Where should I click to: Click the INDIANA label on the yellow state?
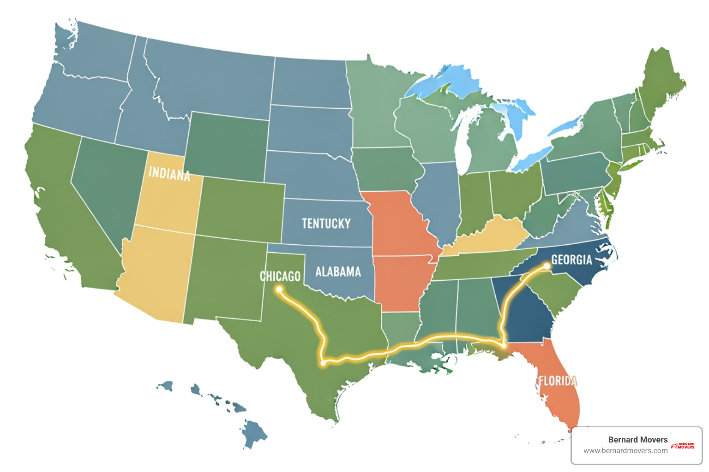169,174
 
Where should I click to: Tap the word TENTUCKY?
326,224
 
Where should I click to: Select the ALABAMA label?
338,272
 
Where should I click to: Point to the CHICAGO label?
280,276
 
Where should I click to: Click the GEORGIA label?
571,260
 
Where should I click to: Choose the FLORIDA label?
558,381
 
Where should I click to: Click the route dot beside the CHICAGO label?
279,289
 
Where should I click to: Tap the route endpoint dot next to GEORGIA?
547,266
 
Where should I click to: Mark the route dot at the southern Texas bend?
323,363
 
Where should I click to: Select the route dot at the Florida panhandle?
504,345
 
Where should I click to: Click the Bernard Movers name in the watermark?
637,440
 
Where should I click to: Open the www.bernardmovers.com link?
625,451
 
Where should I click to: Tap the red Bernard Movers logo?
683,446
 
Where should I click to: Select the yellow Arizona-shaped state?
157,272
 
